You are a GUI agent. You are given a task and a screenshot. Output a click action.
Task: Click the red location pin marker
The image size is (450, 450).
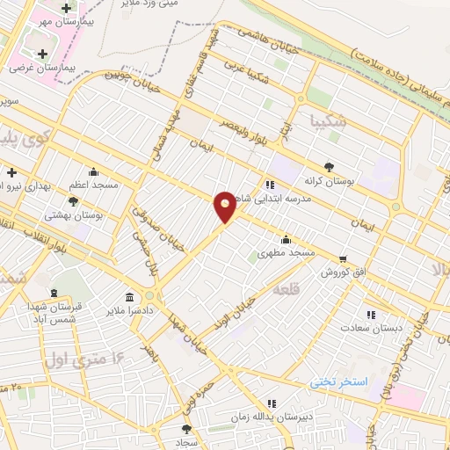[x=225, y=207]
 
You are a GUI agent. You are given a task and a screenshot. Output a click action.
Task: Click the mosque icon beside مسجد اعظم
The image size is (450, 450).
[x=94, y=171]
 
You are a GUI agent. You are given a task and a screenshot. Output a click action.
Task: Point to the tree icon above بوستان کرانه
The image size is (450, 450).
[x=329, y=165]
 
